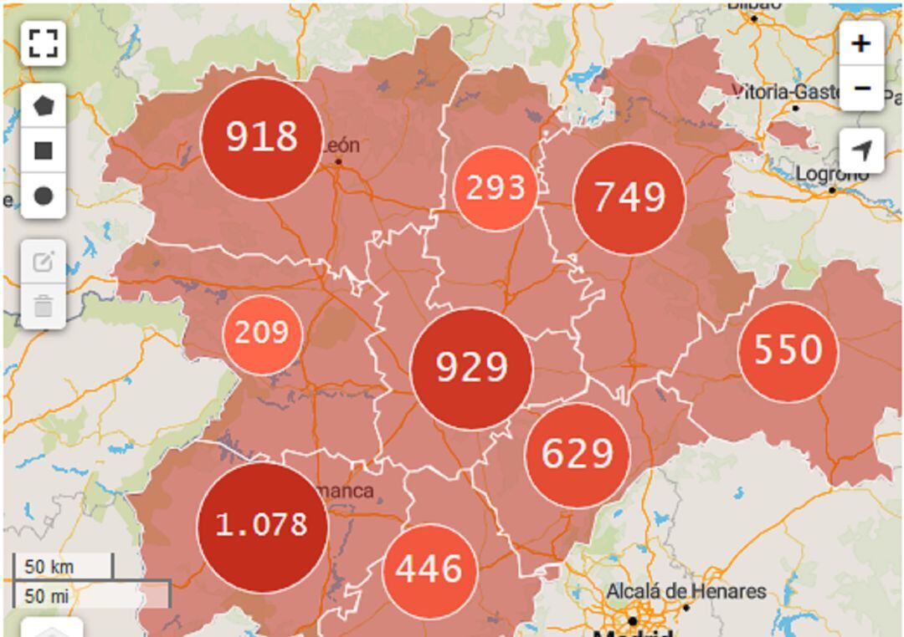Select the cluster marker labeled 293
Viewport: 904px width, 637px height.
tap(496, 189)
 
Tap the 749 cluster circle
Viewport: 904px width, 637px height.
tap(629, 199)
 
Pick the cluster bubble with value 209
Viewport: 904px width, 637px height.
tap(262, 334)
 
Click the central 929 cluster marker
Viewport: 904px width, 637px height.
tap(472, 369)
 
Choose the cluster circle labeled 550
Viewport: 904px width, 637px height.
tap(787, 351)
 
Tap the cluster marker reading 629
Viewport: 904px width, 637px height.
tap(577, 455)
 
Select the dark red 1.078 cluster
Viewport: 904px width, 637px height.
tap(263, 526)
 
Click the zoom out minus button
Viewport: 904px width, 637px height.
tap(861, 89)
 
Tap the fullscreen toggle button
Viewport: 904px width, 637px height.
tap(43, 43)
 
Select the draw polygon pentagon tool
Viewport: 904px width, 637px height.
tap(43, 106)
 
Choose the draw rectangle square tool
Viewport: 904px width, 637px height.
tap(43, 151)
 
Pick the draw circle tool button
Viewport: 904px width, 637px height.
tap(43, 196)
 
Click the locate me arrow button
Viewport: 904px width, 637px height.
tap(861, 150)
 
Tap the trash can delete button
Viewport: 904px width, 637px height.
tap(43, 307)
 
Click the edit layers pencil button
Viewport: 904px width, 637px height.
tap(43, 262)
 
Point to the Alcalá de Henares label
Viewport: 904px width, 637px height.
tap(686, 592)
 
